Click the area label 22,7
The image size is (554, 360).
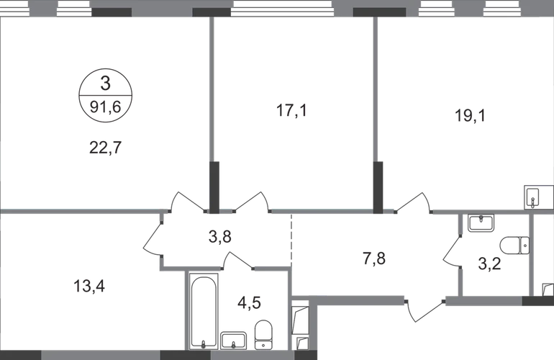[x=105, y=148]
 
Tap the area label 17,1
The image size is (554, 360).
[x=291, y=110]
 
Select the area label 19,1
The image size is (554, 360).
[x=470, y=116]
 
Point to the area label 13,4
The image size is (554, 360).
[x=89, y=286]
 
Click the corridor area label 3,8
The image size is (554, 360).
[x=219, y=236]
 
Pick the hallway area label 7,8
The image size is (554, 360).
[x=374, y=258]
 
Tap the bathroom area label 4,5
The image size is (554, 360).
[x=249, y=302]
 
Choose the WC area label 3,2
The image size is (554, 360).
[x=489, y=264]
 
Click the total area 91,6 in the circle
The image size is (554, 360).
[x=105, y=107]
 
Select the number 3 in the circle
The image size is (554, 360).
[x=105, y=84]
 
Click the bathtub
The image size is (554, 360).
[x=204, y=311]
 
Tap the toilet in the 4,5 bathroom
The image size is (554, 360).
[x=263, y=335]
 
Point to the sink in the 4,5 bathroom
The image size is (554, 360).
[x=233, y=341]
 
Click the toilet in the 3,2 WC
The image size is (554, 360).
[x=514, y=246]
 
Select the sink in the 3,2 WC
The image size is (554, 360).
[x=481, y=223]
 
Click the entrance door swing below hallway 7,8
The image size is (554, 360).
[x=423, y=310]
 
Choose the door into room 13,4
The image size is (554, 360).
[x=153, y=239]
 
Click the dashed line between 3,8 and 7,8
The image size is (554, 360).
[x=291, y=238]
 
